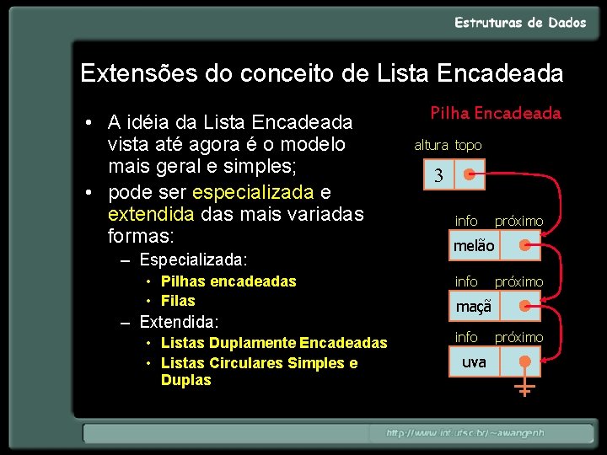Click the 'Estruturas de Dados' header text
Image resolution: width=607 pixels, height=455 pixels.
(x=520, y=24)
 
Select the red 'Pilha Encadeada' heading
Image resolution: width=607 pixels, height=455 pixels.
(x=496, y=113)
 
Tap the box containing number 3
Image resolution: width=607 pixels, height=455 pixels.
(x=438, y=176)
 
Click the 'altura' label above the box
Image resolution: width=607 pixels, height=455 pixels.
(x=431, y=145)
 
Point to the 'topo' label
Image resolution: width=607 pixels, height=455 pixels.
(x=469, y=145)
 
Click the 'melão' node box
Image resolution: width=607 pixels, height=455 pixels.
(x=475, y=246)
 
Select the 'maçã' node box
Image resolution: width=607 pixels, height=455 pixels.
(x=474, y=307)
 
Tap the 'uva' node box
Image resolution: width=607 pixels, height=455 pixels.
(x=475, y=362)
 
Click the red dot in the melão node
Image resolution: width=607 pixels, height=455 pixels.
(x=527, y=246)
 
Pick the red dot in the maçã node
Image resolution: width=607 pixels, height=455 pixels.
(x=527, y=307)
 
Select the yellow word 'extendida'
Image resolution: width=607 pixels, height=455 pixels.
(x=153, y=213)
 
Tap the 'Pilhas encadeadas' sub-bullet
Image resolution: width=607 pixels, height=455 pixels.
(x=228, y=281)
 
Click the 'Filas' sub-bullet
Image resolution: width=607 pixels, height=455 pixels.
(x=178, y=301)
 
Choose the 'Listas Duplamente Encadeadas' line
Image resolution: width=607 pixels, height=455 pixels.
(x=274, y=343)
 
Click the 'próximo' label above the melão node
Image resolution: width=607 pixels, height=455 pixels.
(x=518, y=221)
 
